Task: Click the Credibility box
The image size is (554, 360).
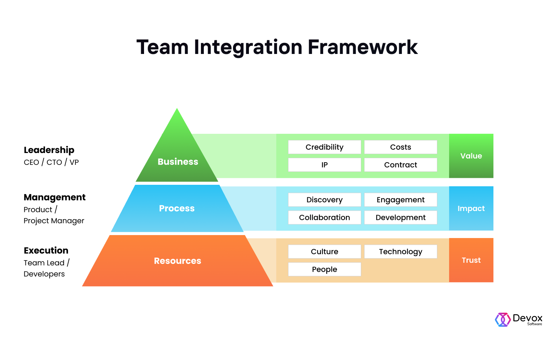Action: point(324,147)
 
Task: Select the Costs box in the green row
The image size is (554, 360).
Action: point(400,147)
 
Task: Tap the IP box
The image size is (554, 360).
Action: point(324,165)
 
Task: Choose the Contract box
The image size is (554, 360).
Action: point(400,165)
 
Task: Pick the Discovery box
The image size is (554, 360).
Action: point(324,200)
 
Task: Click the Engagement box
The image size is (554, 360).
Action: point(400,200)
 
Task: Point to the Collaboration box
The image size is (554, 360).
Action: point(324,218)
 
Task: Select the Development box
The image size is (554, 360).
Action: point(400,218)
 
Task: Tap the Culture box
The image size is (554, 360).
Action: point(324,252)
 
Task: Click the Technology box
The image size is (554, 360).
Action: point(400,252)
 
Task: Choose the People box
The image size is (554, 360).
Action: point(324,269)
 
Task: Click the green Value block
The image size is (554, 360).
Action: point(471,156)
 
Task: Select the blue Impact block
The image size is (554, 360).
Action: point(471,208)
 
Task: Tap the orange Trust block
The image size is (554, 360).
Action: point(471,260)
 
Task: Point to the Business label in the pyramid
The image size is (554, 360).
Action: point(178,162)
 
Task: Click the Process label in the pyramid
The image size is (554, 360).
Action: point(177,208)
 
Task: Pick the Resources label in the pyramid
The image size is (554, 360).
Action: point(177,261)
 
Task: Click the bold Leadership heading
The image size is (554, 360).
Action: point(49,150)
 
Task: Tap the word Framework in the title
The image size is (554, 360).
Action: point(362,47)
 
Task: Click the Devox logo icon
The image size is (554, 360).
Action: point(502,320)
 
